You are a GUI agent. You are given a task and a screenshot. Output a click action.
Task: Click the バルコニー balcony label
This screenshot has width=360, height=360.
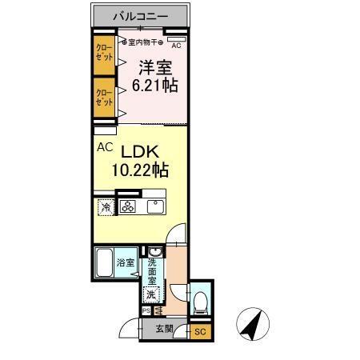coord(141,15)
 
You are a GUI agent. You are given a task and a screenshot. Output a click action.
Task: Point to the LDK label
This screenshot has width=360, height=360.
coord(142,150)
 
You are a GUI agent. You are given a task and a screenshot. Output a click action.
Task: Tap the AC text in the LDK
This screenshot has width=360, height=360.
coord(105,147)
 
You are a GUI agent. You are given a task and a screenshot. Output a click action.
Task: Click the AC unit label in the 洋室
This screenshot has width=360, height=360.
coord(176,46)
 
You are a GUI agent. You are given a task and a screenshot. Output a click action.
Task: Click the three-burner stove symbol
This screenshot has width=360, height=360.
coord(129,207)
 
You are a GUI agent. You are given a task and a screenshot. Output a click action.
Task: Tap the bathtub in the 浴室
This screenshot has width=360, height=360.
coord(104,262)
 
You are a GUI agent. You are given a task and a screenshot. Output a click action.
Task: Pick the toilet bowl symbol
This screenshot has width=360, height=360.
coord(200,302)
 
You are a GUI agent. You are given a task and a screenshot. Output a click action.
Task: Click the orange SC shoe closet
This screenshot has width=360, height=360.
coord(200,331)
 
